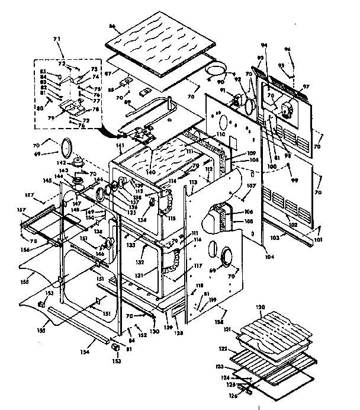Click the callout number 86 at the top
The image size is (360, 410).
click(x=112, y=27)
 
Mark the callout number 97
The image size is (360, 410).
click(x=306, y=87)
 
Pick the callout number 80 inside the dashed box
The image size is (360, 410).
click(x=40, y=108)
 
